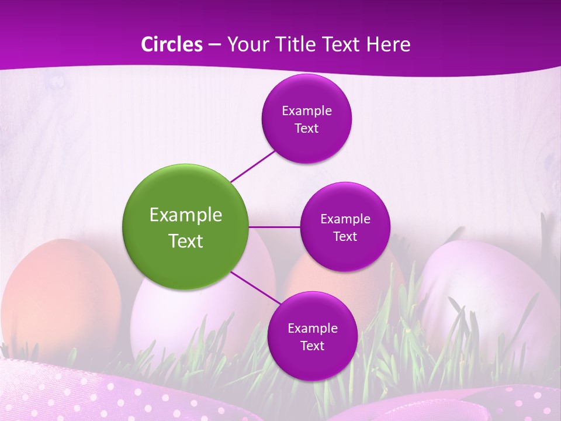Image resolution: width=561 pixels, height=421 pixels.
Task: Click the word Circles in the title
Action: coord(171,44)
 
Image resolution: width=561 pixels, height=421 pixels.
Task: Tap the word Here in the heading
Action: coord(388,44)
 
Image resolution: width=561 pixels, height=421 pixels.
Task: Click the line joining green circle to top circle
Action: coord(253,166)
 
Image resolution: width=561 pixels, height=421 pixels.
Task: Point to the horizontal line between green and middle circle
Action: coord(275,227)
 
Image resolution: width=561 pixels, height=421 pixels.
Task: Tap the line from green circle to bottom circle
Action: coord(255,287)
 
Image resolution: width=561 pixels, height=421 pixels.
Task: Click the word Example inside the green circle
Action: coord(186,215)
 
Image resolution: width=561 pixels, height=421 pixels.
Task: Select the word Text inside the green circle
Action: coord(186,241)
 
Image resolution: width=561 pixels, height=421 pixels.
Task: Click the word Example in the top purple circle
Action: coord(307,111)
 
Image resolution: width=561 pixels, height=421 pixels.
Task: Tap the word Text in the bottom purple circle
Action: coord(312,346)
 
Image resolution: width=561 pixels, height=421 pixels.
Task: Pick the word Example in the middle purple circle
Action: coord(345,219)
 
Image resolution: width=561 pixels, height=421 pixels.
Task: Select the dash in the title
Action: coord(214,45)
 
